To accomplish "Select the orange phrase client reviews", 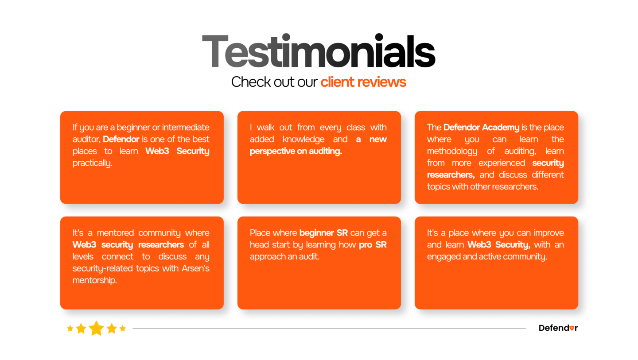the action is [363, 82].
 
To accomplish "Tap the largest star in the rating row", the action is [96, 328].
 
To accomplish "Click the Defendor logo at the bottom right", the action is [558, 328].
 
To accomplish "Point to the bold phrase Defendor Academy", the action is [481, 127].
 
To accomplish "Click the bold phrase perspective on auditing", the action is [296, 151].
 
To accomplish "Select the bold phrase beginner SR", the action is [323, 233].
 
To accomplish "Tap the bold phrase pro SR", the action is [373, 245].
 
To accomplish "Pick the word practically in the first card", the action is [92, 163].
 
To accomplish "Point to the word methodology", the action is [452, 151].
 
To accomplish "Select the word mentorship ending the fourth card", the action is [94, 280].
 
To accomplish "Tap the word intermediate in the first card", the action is [185, 127].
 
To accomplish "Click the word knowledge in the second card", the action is [303, 139].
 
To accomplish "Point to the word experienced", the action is [502, 163].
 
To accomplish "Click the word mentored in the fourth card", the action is [115, 233].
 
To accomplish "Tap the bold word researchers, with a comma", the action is [451, 175].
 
